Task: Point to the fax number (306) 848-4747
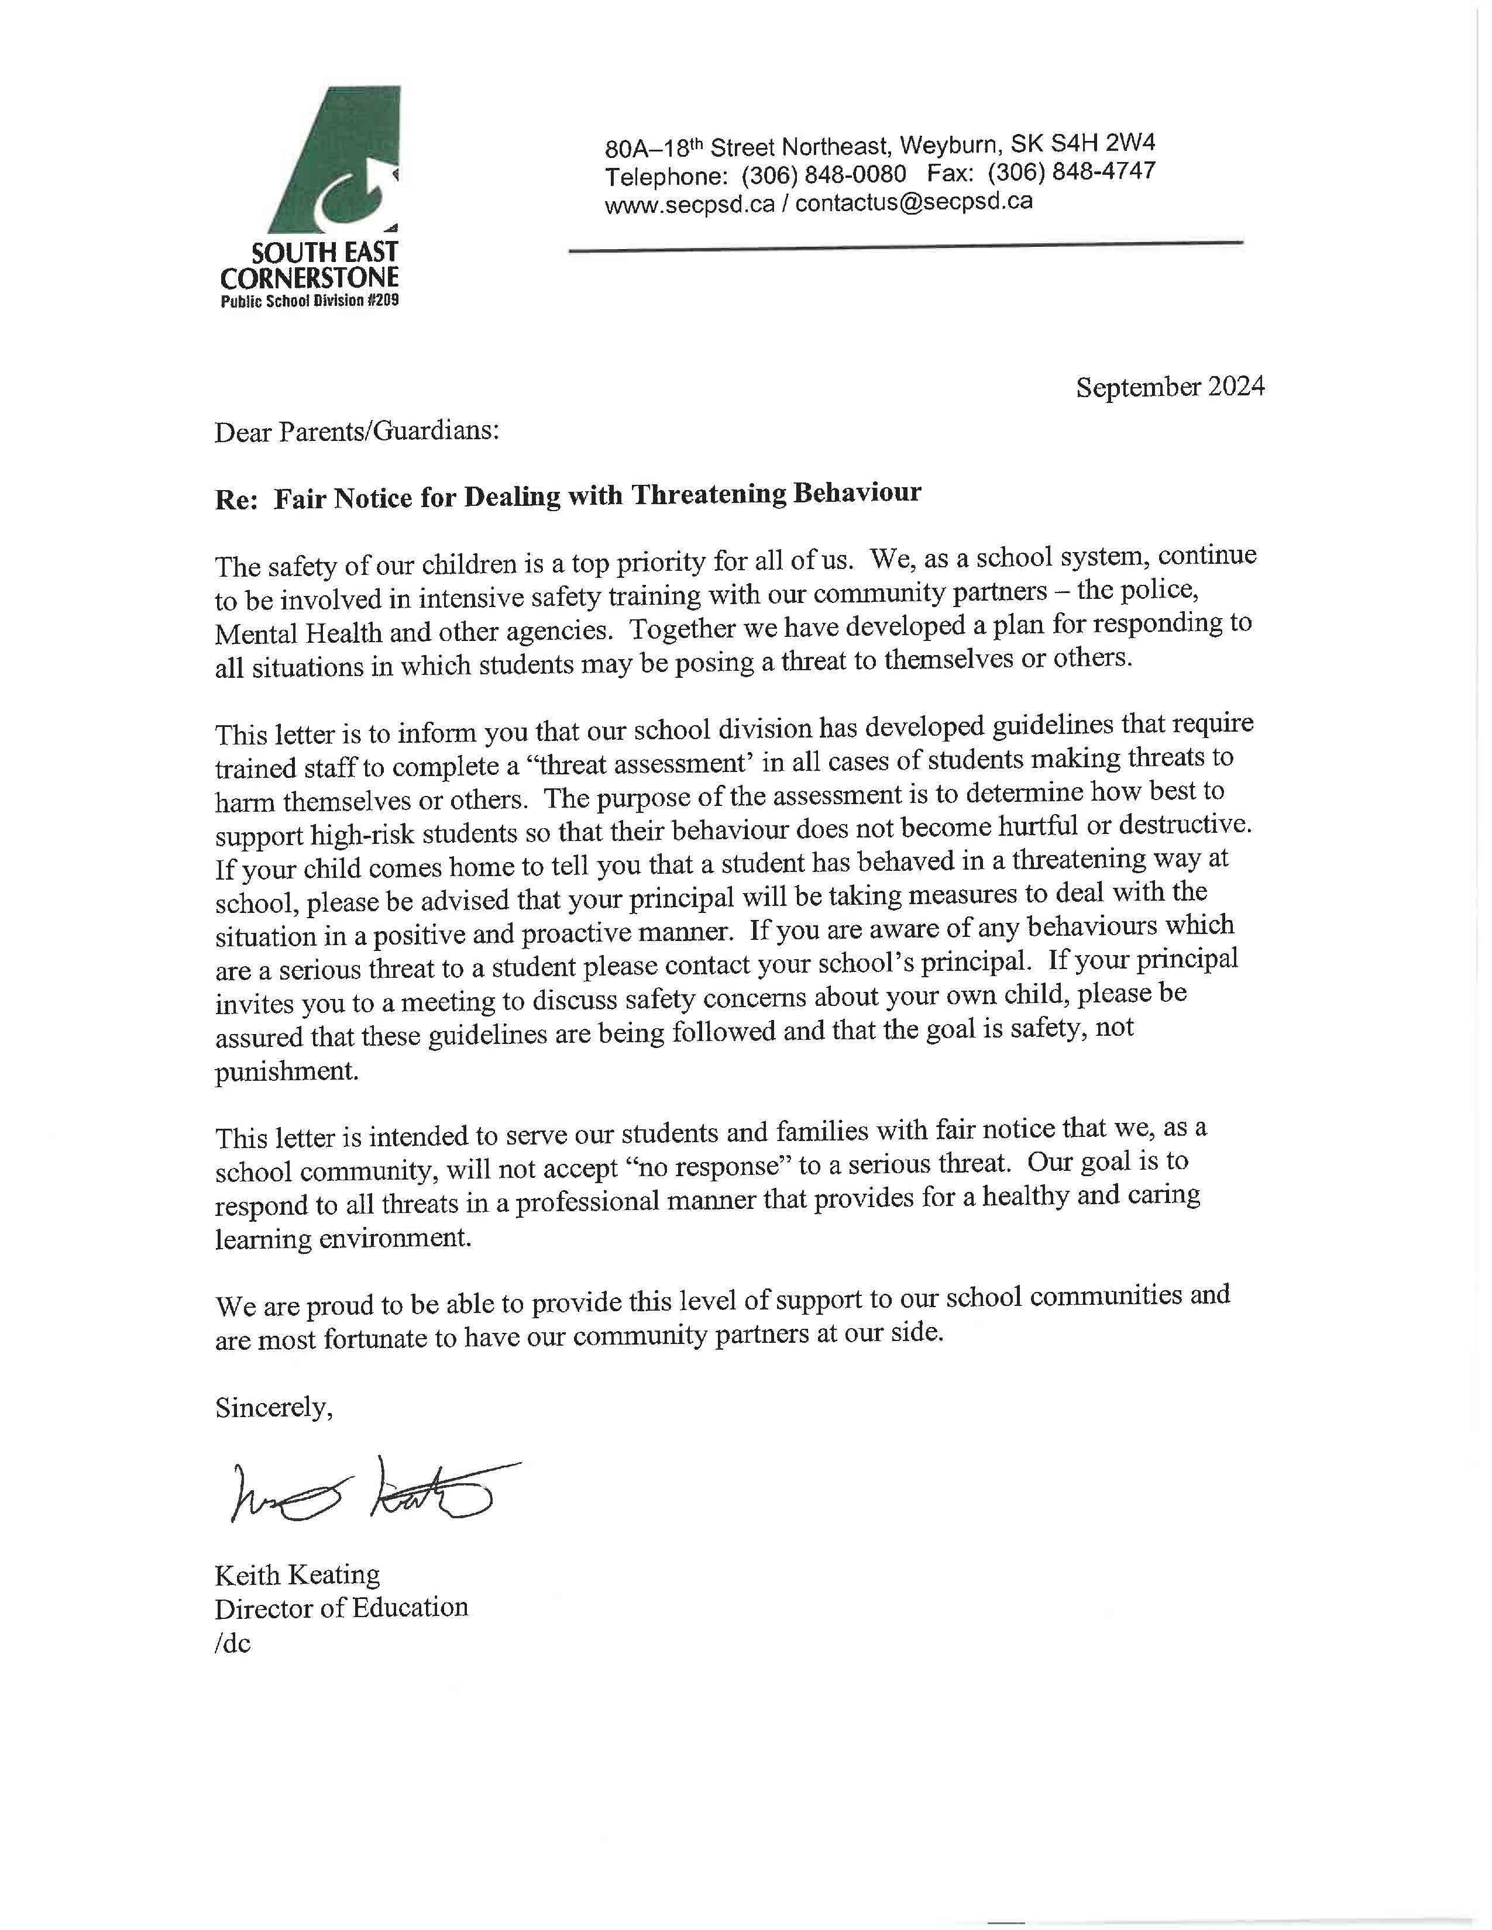(1071, 171)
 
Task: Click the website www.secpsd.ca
(689, 205)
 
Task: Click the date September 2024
(1170, 387)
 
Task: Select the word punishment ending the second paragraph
(286, 1071)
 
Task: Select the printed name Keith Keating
(297, 1575)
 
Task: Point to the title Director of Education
(341, 1607)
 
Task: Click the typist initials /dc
(232, 1643)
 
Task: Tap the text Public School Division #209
(310, 301)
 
